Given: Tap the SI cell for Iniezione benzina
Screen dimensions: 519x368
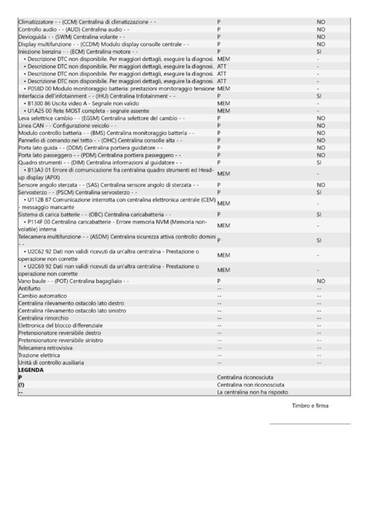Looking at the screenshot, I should (319, 52).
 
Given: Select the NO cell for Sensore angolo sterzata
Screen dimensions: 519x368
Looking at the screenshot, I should (320, 185).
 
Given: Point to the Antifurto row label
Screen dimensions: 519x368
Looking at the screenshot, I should (29, 289).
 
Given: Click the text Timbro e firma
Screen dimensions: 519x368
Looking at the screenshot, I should (310, 406).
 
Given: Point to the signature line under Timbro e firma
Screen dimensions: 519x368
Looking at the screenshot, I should (310, 423).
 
